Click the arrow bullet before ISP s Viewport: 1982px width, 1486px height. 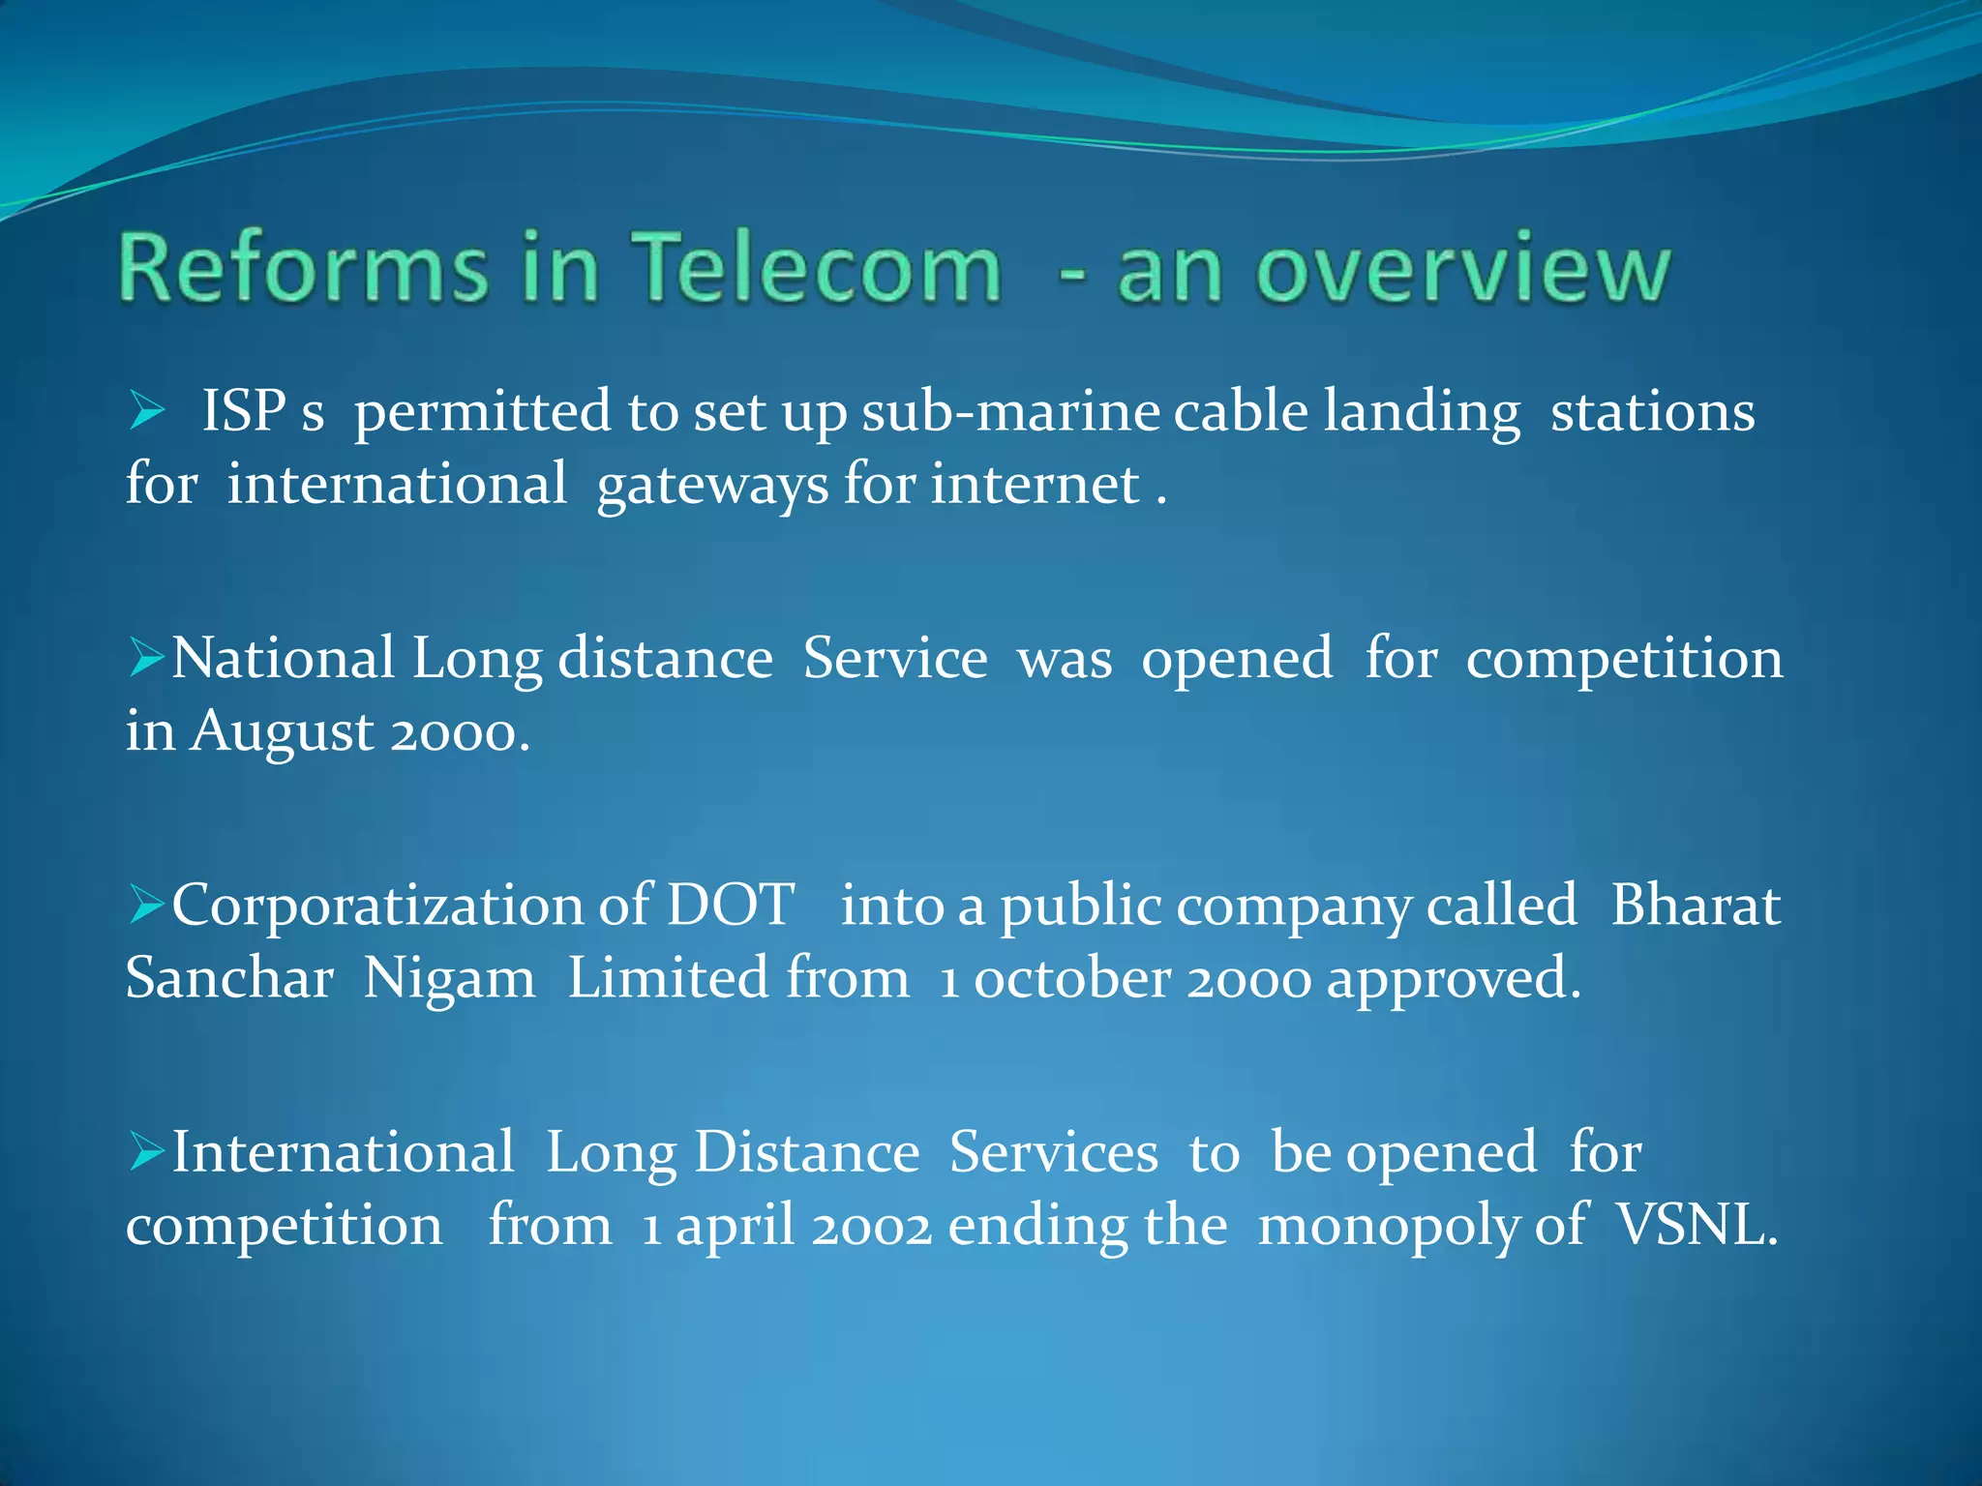[x=147, y=412]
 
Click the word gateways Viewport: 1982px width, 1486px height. [x=712, y=485]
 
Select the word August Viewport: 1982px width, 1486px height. [x=282, y=731]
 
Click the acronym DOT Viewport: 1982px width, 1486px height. [x=731, y=906]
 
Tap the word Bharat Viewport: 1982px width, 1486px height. [x=1695, y=906]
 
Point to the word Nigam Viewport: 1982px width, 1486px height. [x=449, y=978]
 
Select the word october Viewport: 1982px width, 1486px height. [x=1072, y=978]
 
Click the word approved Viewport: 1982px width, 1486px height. [x=1452, y=980]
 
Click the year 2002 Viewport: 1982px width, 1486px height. [x=872, y=1227]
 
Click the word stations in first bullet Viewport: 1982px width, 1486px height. [x=1652, y=412]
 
